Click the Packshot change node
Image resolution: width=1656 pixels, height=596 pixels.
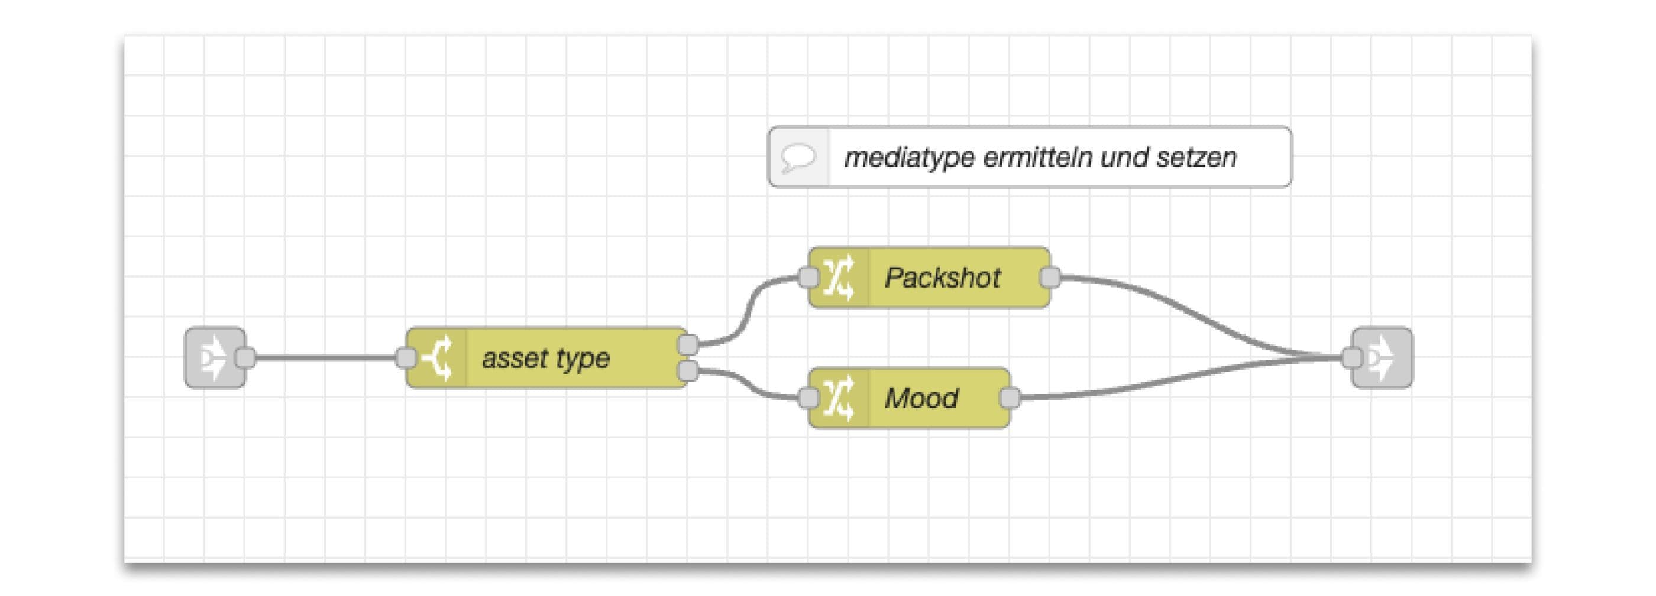[942, 278]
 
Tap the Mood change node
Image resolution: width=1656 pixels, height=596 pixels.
[921, 398]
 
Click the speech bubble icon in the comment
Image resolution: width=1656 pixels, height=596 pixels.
[798, 157]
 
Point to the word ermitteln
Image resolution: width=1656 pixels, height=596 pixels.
[1037, 157]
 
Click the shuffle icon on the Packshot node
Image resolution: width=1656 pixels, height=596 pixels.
[839, 278]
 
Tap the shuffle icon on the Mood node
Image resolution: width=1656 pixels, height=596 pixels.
[839, 398]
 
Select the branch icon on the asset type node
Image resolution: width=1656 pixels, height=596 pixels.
[437, 358]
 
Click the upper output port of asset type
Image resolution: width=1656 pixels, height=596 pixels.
[688, 344]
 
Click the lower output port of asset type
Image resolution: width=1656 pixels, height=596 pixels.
[688, 371]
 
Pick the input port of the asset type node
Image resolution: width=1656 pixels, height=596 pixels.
[406, 358]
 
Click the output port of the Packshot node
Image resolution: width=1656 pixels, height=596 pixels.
[1050, 278]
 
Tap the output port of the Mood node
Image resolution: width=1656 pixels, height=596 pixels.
[1010, 398]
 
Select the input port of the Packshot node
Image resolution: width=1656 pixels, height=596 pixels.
[808, 278]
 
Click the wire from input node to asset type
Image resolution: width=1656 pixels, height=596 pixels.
[325, 358]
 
